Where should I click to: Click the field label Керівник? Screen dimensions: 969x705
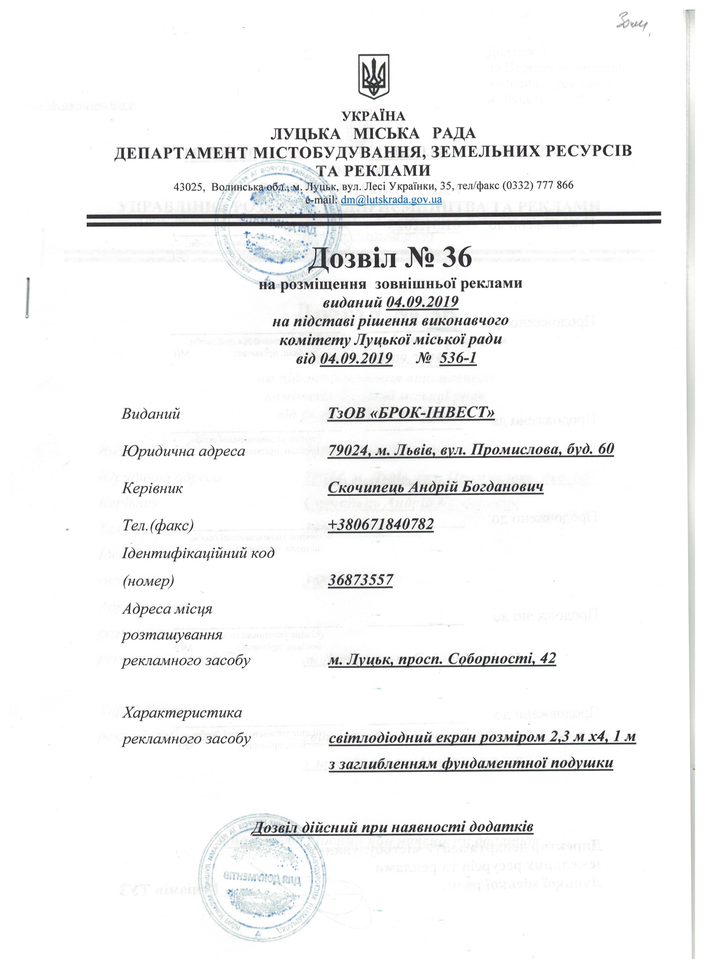coord(153,488)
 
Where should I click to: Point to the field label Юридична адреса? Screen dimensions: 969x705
coord(184,451)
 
